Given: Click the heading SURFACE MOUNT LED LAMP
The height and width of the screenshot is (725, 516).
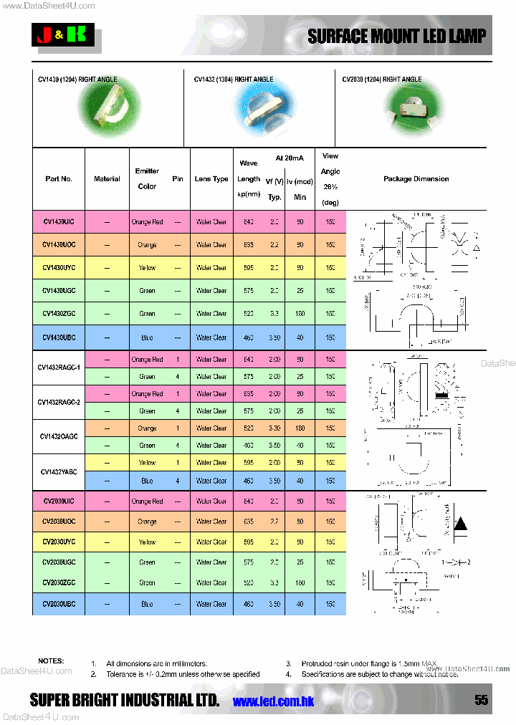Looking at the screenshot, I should coord(396,37).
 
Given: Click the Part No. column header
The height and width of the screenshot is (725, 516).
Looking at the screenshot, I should coord(59,179).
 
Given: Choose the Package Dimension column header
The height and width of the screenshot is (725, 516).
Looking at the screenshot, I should coord(416,179).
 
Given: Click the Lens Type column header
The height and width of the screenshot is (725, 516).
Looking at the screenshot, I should coord(211,179).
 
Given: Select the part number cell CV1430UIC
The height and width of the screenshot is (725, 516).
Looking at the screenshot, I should coord(59,222).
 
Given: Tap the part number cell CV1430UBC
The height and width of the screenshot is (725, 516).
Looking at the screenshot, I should coord(59,337).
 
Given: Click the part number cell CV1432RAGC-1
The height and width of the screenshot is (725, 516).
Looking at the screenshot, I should coord(59,368).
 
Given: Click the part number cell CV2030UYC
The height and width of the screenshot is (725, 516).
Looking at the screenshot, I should coord(59,542).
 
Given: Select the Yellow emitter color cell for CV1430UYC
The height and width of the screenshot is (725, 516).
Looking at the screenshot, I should coord(147,268).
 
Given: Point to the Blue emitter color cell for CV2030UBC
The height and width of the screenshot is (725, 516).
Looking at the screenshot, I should coord(147,604).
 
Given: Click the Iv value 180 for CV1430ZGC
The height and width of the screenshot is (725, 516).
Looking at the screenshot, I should coord(300,314).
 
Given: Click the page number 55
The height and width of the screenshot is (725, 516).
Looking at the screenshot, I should coord(481,700).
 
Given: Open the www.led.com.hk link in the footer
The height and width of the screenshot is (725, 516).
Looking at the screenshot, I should coord(274,701).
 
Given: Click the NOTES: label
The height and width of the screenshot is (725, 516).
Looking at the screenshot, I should coord(51,661).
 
